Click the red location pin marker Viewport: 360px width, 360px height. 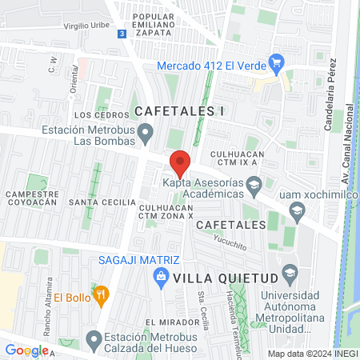point(180,163)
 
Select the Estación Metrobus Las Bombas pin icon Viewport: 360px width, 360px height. point(146,131)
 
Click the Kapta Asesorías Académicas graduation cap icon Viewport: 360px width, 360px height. point(254,187)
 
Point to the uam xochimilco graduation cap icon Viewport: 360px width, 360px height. point(297,212)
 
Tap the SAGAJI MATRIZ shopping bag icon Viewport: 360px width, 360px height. point(161,277)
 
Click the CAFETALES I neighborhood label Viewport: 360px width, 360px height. point(179,111)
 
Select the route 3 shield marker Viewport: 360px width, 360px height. point(121,34)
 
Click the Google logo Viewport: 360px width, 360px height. point(26,350)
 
